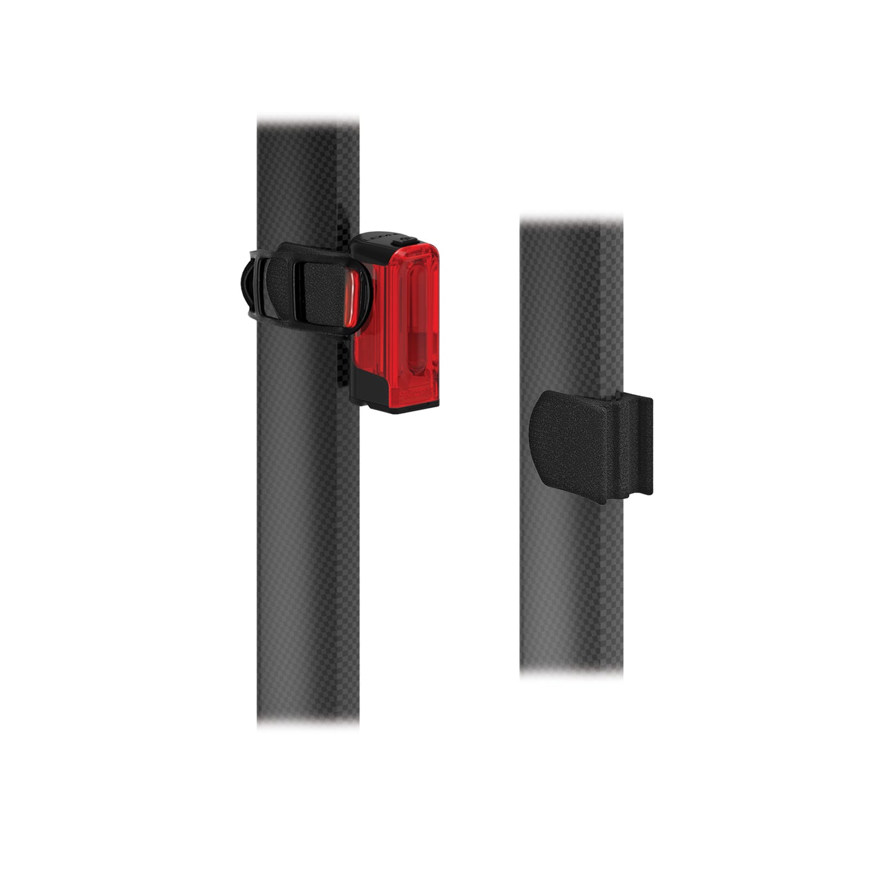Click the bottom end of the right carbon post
[x=572, y=670]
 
